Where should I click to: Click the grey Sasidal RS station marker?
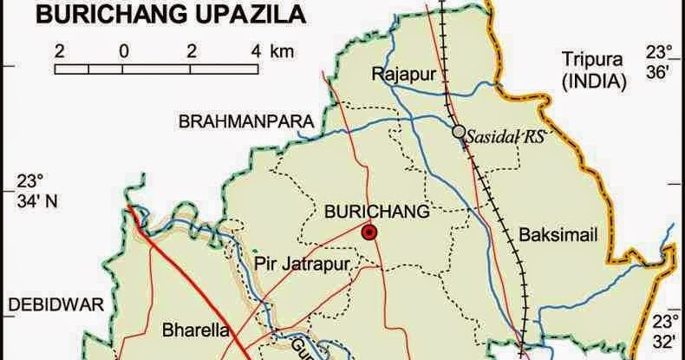pos(458,132)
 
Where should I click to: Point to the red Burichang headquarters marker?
pos(369,232)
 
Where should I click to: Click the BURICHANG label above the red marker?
pos(376,211)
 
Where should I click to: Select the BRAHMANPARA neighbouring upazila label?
pos(245,122)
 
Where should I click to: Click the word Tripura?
pos(592,60)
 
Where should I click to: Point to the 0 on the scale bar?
pos(124,50)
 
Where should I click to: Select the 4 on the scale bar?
pos(257,50)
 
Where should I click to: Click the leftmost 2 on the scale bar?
pos(59,50)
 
